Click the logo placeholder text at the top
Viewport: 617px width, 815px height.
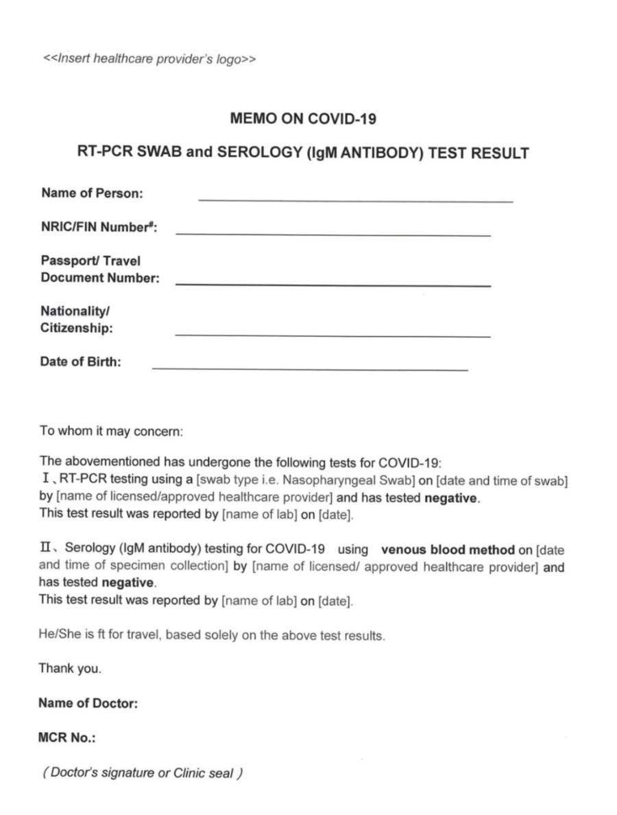(x=149, y=59)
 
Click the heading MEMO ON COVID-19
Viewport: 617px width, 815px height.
(x=303, y=119)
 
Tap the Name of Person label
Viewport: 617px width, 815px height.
(x=92, y=193)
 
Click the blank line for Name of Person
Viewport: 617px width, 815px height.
(x=355, y=200)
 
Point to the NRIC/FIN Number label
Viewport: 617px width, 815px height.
(x=99, y=227)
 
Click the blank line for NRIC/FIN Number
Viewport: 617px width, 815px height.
(x=333, y=234)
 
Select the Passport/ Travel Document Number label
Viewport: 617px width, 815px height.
(x=99, y=269)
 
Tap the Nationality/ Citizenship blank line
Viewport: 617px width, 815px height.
(x=333, y=335)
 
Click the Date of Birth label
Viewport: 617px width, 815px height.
(x=80, y=362)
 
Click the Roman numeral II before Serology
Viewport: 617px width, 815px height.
(x=47, y=549)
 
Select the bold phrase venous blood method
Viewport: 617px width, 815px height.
(x=448, y=550)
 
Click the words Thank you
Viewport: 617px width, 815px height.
(x=70, y=668)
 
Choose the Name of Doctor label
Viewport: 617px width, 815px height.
(x=88, y=703)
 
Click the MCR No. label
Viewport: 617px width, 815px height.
(x=67, y=738)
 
